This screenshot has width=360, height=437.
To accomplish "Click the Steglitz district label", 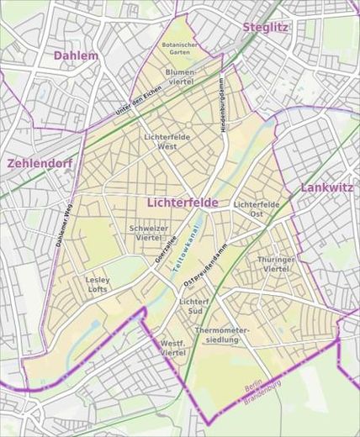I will point(266,27).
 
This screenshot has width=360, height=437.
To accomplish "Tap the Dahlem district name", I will point(76,55).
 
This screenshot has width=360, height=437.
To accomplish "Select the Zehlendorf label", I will point(40,164).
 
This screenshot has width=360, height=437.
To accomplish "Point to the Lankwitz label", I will point(326,187).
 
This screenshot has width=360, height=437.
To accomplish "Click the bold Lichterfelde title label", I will point(182,203).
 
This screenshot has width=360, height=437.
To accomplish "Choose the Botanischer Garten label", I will point(180,47).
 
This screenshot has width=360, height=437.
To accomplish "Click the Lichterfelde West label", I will point(167,140).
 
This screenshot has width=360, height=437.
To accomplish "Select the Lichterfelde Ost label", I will point(257,209).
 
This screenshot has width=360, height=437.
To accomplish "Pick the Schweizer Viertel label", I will point(150,233).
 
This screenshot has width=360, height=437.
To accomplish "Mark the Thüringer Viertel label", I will point(277,264).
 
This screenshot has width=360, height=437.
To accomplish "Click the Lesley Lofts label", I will point(98,284).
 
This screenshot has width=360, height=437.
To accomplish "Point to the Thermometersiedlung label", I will point(222,335).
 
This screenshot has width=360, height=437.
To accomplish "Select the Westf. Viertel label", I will point(172,349).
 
